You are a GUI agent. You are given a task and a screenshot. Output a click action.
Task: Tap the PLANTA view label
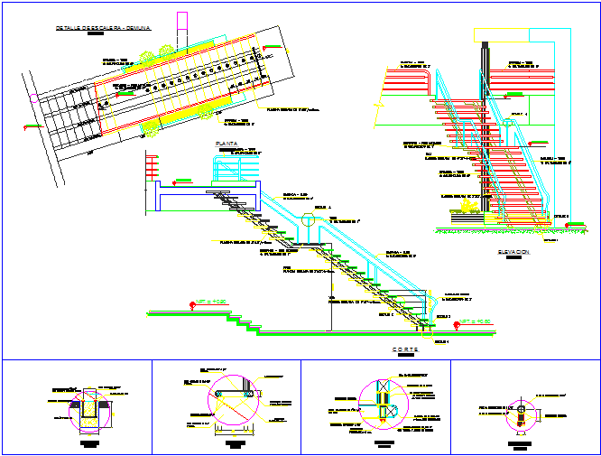(x=225, y=144)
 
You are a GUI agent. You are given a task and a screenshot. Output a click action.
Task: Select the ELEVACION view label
(x=513, y=252)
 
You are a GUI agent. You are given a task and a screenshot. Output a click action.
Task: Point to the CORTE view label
(x=406, y=349)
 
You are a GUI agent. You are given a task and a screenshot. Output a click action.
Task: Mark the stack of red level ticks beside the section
(x=152, y=168)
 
